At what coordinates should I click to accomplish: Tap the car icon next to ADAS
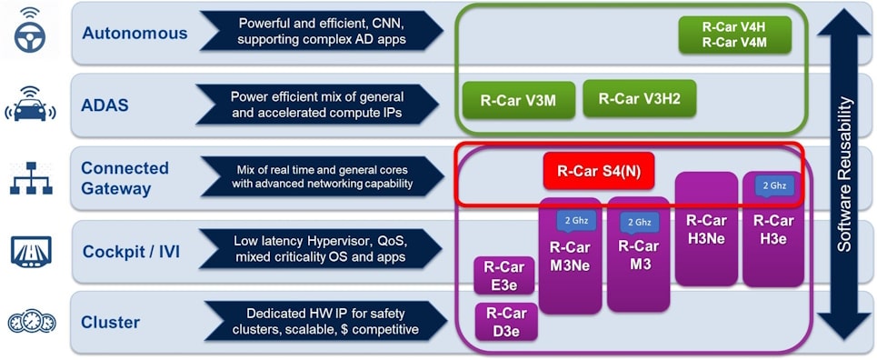[32, 105]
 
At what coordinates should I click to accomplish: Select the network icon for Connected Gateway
[32, 177]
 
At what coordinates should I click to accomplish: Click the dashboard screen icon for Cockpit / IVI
[32, 250]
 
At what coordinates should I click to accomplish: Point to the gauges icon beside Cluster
[32, 322]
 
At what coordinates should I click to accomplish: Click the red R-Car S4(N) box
[598, 170]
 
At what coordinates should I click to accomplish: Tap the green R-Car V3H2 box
[639, 99]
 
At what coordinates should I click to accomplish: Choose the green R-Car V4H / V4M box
[734, 35]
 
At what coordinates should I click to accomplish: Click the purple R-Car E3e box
[503, 275]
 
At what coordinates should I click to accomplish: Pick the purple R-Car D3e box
[506, 322]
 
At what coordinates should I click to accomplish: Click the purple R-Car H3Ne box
[706, 227]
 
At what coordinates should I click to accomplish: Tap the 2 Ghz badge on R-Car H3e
[773, 185]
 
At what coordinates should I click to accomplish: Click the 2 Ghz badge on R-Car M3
[638, 221]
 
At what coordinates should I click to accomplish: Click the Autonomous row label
[135, 34]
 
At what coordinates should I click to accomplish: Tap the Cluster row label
[112, 323]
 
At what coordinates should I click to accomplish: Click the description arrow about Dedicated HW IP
[323, 322]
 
